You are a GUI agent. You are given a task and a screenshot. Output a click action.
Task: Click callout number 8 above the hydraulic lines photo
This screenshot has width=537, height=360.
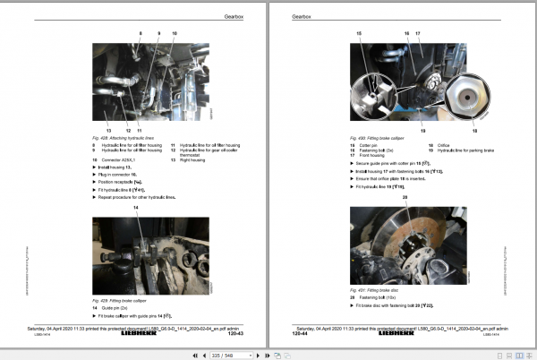tap(139, 33)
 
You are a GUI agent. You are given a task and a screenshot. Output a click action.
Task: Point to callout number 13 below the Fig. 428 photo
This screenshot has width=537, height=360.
tap(107, 130)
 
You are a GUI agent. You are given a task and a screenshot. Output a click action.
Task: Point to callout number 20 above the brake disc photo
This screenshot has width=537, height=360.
tap(405, 195)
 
